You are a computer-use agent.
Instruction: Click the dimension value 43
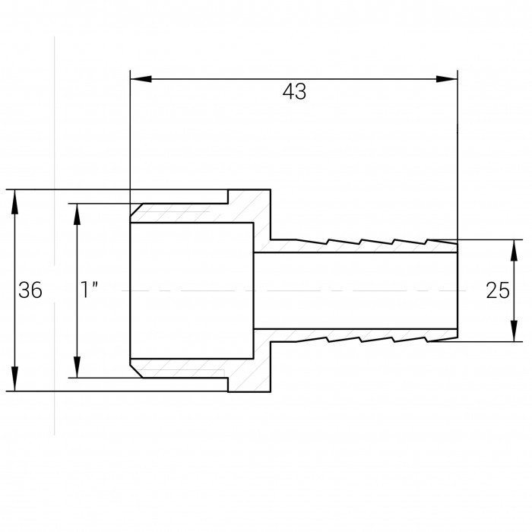tap(294, 91)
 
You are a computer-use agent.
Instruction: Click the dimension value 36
tap(30, 290)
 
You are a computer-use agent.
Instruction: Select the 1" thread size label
tap(90, 290)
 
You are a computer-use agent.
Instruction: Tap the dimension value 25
tap(498, 290)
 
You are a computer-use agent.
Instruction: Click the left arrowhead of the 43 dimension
tap(141, 79)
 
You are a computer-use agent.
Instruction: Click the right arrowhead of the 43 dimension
tap(447, 79)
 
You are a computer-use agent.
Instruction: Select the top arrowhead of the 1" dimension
tap(77, 214)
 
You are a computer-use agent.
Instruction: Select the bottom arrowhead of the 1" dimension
tap(77, 367)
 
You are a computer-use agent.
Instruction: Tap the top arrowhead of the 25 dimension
tap(515, 251)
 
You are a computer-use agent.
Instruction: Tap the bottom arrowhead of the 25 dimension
tap(515, 331)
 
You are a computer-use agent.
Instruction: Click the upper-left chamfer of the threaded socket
tap(136, 210)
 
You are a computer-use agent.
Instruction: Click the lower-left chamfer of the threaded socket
tap(136, 371)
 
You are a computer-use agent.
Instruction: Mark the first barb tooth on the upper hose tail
tap(312, 242)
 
